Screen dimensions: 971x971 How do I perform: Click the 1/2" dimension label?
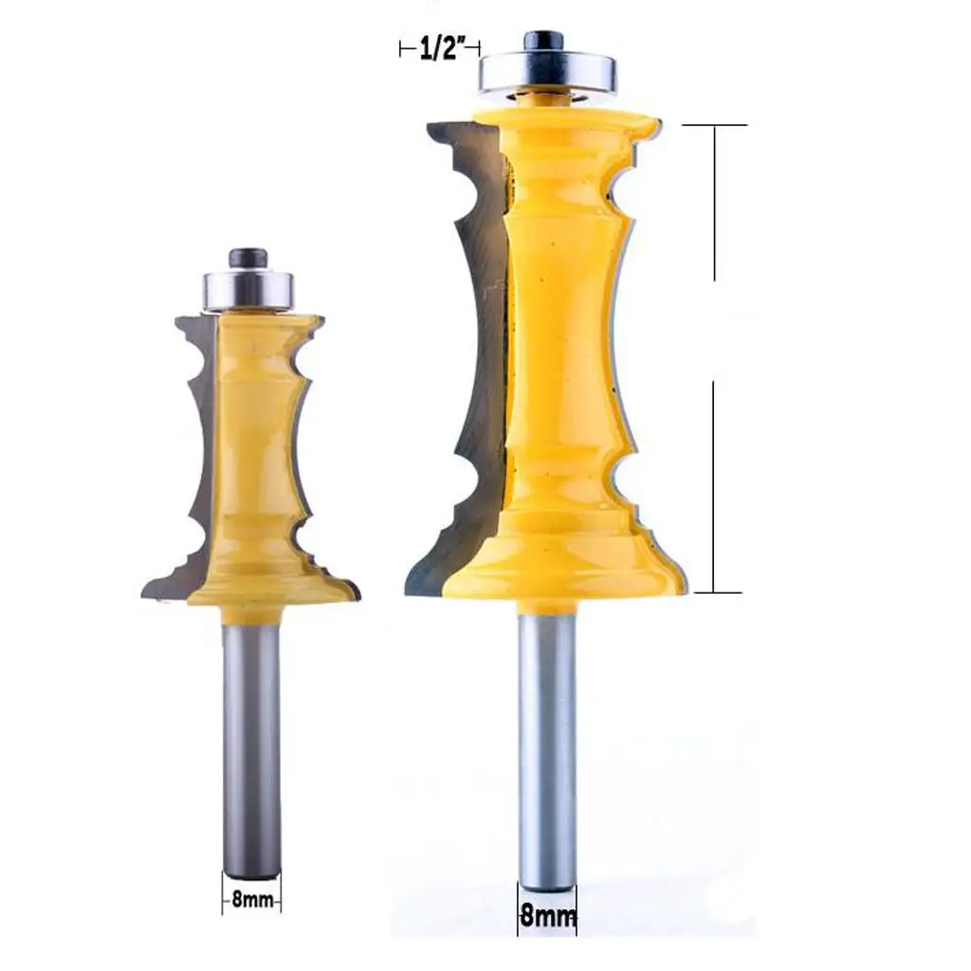[x=442, y=48]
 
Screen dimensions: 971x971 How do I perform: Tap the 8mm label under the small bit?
[x=252, y=899]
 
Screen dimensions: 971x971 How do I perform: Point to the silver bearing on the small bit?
[x=249, y=290]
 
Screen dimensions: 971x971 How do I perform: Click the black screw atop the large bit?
[x=545, y=43]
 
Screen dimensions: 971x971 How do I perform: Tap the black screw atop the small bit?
[x=247, y=259]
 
